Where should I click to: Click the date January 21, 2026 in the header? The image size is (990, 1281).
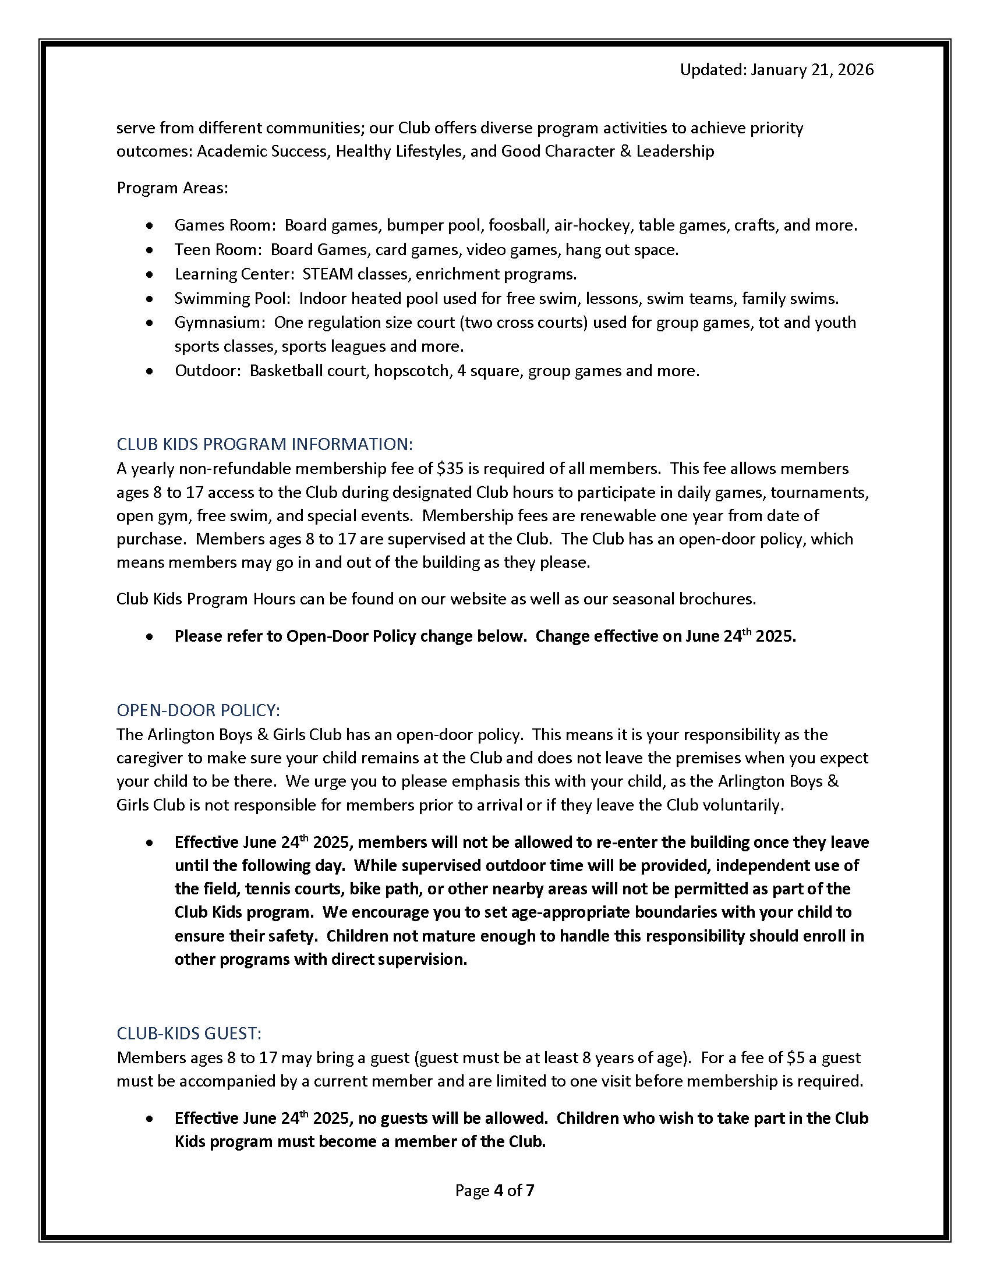click(x=812, y=70)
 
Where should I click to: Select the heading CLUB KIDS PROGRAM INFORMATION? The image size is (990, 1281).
click(x=264, y=444)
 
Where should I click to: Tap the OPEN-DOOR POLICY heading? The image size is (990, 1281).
click(x=198, y=710)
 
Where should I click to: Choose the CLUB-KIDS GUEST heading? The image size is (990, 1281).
click(x=189, y=1033)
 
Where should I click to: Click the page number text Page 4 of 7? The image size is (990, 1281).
click(x=494, y=1190)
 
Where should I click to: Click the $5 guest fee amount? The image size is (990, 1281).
click(x=795, y=1057)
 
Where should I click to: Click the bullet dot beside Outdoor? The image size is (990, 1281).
click(x=150, y=371)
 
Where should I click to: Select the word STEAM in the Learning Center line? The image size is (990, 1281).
click(x=328, y=274)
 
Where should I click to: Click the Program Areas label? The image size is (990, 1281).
click(x=172, y=188)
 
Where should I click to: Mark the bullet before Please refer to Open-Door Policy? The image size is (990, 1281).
click(x=150, y=637)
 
